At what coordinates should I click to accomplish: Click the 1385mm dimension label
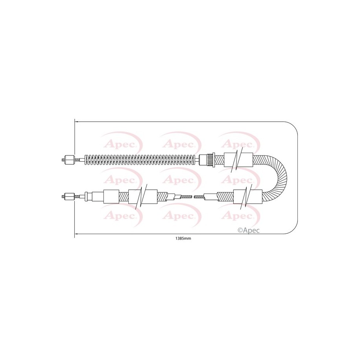(x=183, y=238)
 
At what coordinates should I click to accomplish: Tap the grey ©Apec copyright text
(x=249, y=230)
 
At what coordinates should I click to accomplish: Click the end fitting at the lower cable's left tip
(x=68, y=197)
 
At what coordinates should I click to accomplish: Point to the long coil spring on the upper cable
(x=141, y=160)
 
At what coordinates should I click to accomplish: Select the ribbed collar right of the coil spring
(x=211, y=160)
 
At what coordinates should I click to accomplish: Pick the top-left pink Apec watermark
(x=121, y=144)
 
